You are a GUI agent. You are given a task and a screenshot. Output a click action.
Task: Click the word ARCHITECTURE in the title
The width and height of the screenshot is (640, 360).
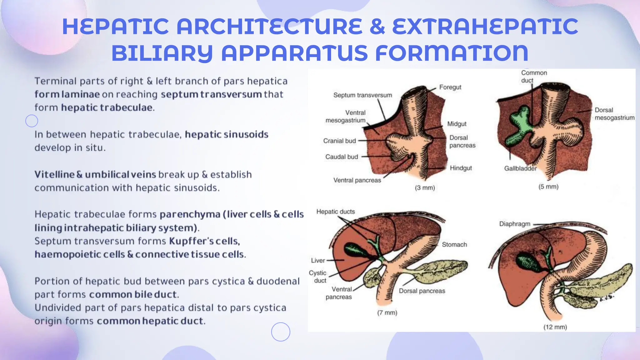coord(269,27)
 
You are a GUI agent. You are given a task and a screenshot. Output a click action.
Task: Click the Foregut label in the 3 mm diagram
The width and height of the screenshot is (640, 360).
coord(450,87)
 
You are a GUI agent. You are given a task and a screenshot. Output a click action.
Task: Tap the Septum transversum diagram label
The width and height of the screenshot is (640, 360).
coord(362,95)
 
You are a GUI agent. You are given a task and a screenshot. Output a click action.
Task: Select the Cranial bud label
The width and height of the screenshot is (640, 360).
coord(339,141)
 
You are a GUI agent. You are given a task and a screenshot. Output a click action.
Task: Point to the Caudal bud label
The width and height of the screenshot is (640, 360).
coord(341,157)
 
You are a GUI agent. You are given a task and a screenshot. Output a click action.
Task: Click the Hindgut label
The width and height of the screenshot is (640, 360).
coord(461,168)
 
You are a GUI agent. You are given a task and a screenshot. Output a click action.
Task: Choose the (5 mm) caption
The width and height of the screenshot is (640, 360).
coord(548,187)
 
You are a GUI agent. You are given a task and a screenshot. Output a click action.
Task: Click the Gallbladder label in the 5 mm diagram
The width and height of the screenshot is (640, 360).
coord(520,168)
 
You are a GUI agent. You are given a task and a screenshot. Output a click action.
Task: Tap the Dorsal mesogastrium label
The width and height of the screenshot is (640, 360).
coord(614,114)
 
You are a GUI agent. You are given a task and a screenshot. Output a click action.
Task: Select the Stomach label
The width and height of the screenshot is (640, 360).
coord(454,245)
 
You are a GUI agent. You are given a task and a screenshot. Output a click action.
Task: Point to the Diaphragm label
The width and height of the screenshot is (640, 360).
coord(514,224)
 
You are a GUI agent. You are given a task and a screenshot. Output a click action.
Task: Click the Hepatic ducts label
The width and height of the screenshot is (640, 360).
coord(335,212)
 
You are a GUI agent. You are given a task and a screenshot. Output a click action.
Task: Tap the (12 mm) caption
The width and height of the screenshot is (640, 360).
coord(555,327)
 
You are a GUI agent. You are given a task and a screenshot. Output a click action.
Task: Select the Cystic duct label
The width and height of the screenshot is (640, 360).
coord(318,277)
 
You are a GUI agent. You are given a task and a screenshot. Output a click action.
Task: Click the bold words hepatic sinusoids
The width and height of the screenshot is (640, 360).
coord(227,134)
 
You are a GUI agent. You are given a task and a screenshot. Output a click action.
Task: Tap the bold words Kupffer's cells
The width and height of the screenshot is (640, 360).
coord(204,241)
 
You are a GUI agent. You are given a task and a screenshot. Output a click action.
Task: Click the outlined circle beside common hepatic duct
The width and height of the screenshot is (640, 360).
coord(280,332)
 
